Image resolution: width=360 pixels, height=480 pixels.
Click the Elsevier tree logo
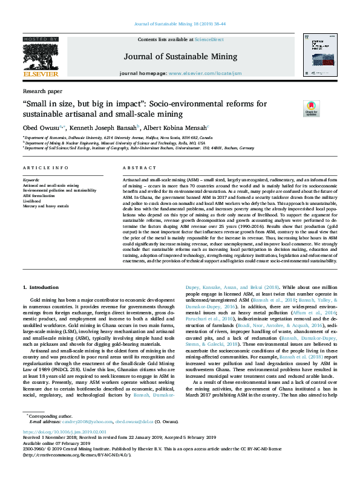point(40,56)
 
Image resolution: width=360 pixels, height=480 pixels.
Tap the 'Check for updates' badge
point(295,108)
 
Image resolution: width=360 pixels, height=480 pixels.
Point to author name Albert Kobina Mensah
point(175,128)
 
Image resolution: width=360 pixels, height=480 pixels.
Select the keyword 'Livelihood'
point(33,201)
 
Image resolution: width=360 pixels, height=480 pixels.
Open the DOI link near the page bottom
point(55,449)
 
